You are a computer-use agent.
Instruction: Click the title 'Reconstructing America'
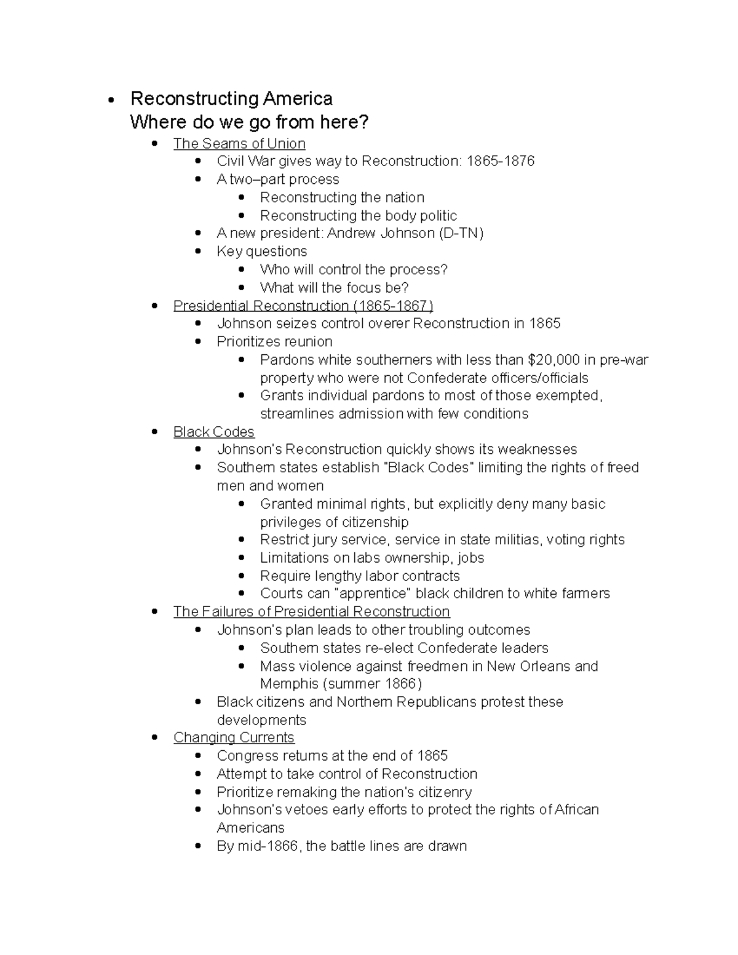[x=231, y=98]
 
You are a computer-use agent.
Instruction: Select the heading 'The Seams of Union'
[x=239, y=143]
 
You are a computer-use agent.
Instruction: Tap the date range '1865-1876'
[x=501, y=161]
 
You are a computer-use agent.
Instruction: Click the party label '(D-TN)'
[x=461, y=233]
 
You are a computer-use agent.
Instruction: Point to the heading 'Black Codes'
[x=213, y=432]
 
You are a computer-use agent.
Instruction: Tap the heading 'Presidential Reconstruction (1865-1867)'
[x=303, y=306]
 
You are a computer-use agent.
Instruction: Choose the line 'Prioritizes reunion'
[x=274, y=341]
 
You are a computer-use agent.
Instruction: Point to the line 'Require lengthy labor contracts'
[x=360, y=576]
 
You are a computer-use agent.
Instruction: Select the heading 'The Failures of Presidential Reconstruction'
[x=311, y=611]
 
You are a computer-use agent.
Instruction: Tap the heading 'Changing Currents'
[x=234, y=737]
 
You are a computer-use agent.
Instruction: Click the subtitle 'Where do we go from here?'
[x=249, y=122]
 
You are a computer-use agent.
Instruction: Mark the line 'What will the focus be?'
[x=334, y=287]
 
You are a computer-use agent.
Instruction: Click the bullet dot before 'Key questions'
[x=198, y=252]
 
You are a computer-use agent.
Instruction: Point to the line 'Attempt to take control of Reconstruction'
[x=347, y=774]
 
